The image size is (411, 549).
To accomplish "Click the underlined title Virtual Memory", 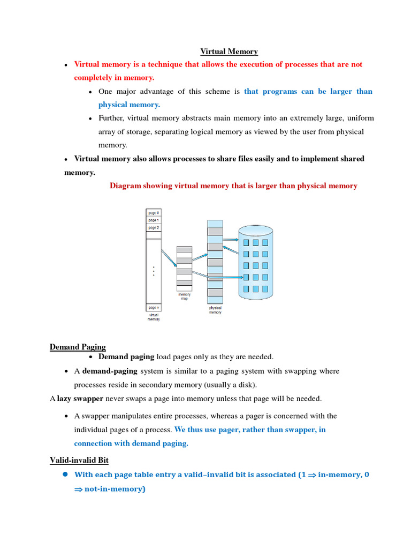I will [x=229, y=51].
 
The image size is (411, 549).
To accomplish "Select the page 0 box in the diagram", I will [x=154, y=213].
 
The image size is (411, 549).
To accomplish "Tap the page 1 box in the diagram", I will [x=154, y=220].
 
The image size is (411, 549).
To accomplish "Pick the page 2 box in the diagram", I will [x=154, y=228].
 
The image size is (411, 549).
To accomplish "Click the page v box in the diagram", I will [x=154, y=308].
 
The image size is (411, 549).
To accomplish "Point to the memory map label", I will [x=184, y=296].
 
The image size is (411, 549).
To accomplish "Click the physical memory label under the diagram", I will [x=215, y=310].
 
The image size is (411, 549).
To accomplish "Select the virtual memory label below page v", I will [x=154, y=317].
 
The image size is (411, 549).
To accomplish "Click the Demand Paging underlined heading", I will [x=78, y=347].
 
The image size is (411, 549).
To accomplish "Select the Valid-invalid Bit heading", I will [x=79, y=460].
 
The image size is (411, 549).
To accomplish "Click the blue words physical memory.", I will [x=129, y=105].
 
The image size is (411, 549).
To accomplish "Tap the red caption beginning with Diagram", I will [x=233, y=186].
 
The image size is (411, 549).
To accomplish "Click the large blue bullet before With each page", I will [x=65, y=474].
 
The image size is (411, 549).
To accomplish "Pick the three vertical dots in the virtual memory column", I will [x=154, y=271].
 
